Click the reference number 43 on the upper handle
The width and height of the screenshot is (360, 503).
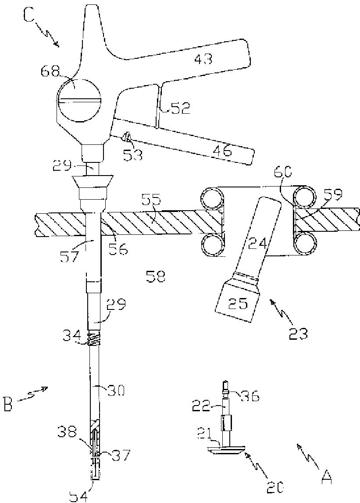tap(203, 58)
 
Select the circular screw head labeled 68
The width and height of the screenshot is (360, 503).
tap(79, 101)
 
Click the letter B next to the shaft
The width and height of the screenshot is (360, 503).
tap(9, 404)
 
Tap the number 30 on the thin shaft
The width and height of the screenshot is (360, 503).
tap(115, 390)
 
